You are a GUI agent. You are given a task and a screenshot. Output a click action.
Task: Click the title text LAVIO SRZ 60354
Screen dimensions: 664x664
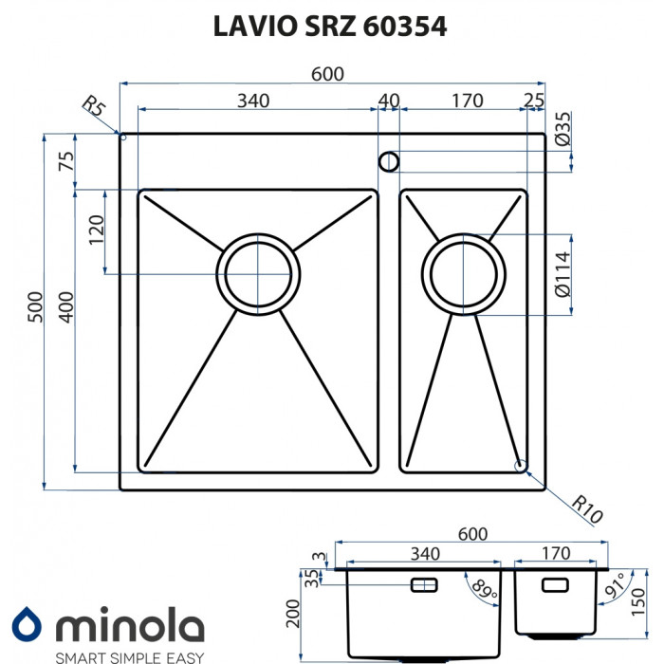click(332, 27)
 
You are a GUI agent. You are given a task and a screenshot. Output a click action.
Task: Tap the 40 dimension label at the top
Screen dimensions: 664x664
click(388, 101)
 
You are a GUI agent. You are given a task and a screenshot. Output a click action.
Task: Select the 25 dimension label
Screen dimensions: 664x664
click(534, 101)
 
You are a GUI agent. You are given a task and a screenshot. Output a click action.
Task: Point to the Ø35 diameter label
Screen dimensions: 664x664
click(562, 129)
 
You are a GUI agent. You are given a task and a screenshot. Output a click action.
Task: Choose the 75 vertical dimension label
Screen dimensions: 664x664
click(65, 161)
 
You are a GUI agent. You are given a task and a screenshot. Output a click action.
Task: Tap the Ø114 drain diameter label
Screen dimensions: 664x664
click(562, 275)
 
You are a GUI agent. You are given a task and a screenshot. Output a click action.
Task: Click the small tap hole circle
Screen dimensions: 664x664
click(389, 161)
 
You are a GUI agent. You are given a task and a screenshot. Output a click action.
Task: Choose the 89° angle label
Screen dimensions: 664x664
click(485, 591)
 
